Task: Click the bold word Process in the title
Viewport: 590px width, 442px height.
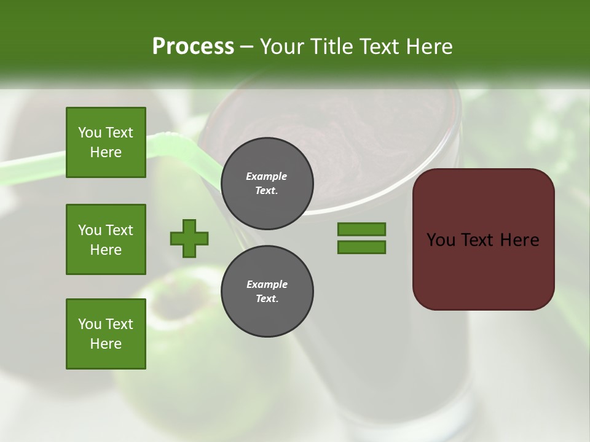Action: coord(193,47)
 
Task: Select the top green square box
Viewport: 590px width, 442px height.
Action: coord(106,142)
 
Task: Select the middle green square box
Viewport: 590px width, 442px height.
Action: coord(106,239)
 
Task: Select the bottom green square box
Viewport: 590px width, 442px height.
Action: coord(106,334)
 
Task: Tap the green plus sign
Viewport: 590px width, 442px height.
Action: coord(189,238)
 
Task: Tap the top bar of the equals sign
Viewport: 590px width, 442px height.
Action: coord(361,229)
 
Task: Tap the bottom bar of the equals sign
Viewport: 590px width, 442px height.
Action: coord(361,247)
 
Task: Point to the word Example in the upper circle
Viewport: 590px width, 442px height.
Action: coord(267,176)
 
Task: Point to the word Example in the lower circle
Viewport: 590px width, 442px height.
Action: coord(267,284)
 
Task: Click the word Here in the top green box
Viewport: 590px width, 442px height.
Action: coord(106,152)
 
